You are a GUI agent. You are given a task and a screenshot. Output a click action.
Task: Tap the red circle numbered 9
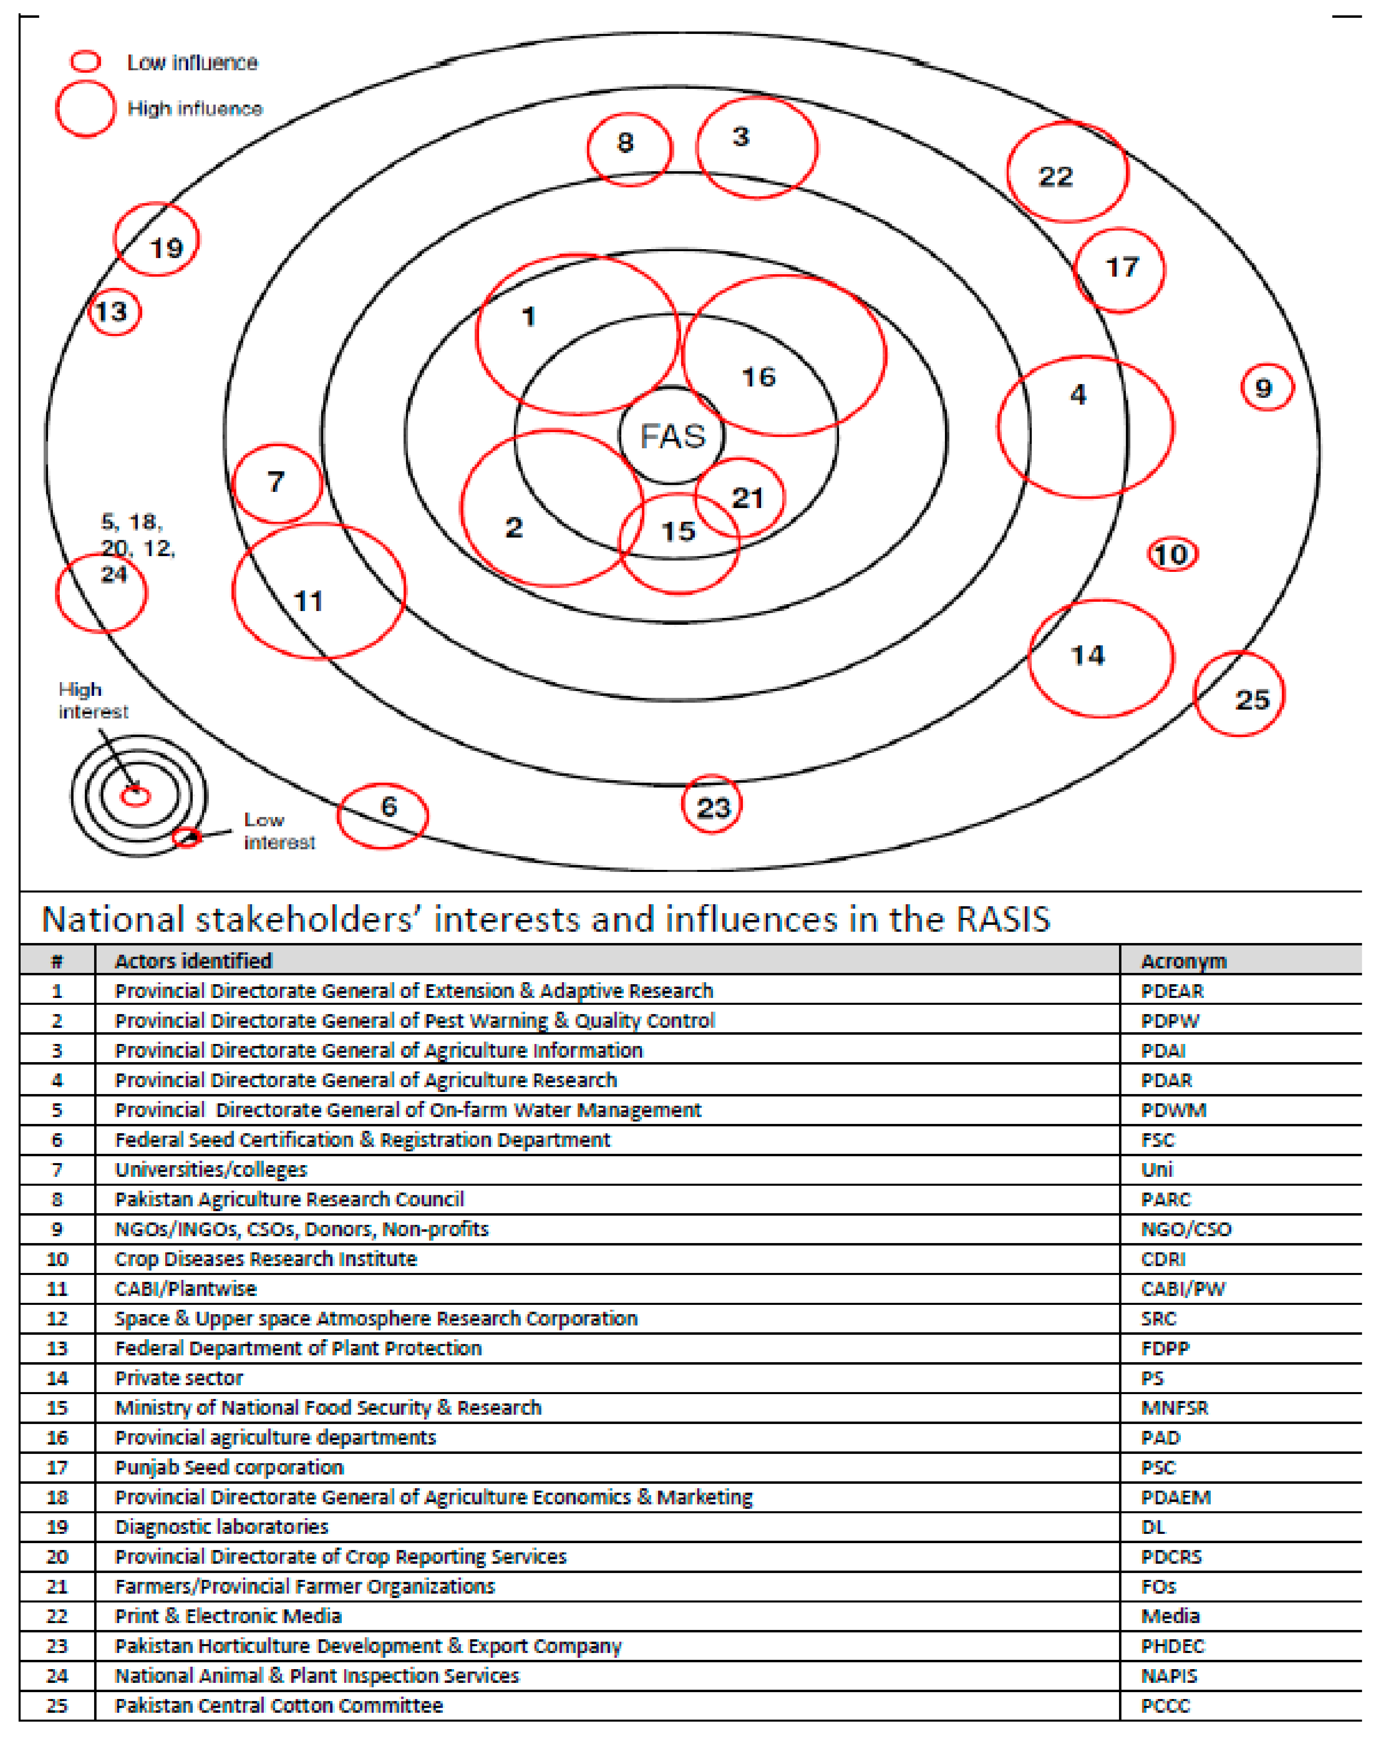coord(1266,388)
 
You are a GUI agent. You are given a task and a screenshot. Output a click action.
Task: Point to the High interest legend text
coord(92,700)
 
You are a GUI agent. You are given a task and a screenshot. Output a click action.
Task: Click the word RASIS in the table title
coord(1003,919)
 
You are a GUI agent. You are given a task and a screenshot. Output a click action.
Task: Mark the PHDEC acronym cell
coord(1172,1646)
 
